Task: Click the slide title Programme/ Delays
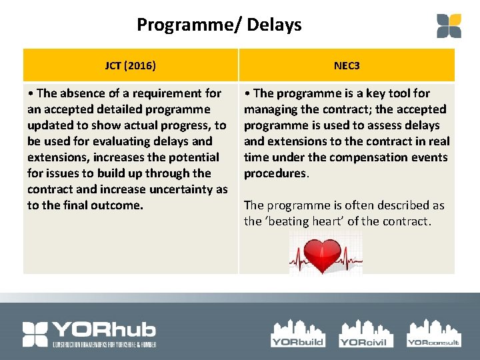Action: tap(219, 25)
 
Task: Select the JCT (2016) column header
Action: tap(131, 65)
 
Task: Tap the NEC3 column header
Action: tap(347, 65)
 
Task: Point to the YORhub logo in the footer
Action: tap(89, 334)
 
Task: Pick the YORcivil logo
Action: tap(366, 333)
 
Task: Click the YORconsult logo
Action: tap(433, 333)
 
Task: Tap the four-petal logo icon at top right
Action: tap(449, 25)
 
